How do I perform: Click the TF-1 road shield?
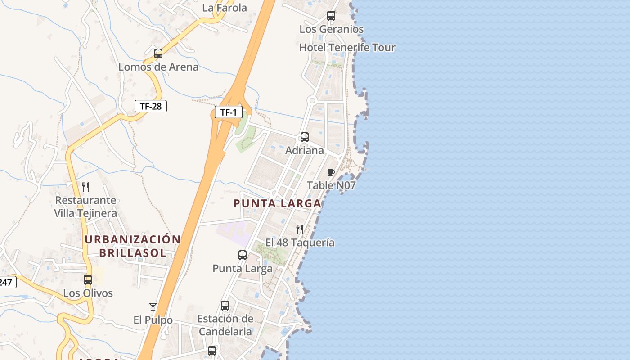pos(229,112)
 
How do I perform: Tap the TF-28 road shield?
pos(151,106)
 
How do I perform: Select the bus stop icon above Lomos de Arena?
pos(158,54)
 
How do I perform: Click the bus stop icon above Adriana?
pos(305,137)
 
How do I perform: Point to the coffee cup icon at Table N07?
pos(331,172)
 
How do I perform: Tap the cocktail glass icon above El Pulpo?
pos(153,307)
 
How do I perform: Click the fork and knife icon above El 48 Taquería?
pos(300,229)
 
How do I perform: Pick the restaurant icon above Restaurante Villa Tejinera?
pos(85,187)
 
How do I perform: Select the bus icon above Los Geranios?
pos(331,16)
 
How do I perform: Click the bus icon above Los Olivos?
pos(88,280)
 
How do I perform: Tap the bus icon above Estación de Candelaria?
pos(225,306)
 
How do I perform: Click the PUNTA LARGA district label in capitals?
pos(277,203)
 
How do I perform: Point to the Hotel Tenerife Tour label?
pos(347,47)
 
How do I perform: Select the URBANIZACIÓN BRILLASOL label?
pos(133,246)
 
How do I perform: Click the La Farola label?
pos(225,8)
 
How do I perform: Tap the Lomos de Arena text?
pos(158,67)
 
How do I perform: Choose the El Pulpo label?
pos(153,320)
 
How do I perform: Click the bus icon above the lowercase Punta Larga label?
pos(243,255)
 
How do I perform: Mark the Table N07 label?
pos(331,185)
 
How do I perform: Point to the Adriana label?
pos(305,150)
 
